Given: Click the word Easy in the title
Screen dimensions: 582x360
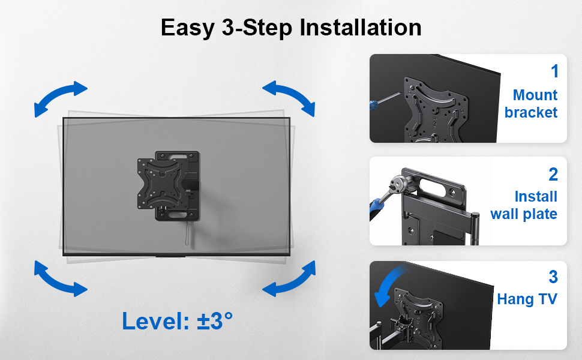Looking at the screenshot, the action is (188, 28).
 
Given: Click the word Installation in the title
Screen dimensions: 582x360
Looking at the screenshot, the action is (360, 27).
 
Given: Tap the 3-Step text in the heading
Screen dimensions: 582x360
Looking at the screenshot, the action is (257, 28).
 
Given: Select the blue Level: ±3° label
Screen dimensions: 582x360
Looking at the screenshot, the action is (178, 320).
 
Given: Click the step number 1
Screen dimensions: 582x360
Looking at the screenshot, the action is (554, 71).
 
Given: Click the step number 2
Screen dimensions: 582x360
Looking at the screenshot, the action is (553, 174).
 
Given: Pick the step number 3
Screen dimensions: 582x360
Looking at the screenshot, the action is (553, 277).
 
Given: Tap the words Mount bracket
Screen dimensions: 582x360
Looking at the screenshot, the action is (531, 104).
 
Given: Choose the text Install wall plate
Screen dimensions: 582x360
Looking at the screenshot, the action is (524, 205).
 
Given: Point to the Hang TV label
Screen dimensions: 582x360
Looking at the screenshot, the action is (527, 299).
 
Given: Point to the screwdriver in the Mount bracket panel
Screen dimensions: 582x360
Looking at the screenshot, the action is (384, 101).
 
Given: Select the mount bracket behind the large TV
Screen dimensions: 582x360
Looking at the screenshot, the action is (169, 185).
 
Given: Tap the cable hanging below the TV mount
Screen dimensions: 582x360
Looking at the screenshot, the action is (188, 233).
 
